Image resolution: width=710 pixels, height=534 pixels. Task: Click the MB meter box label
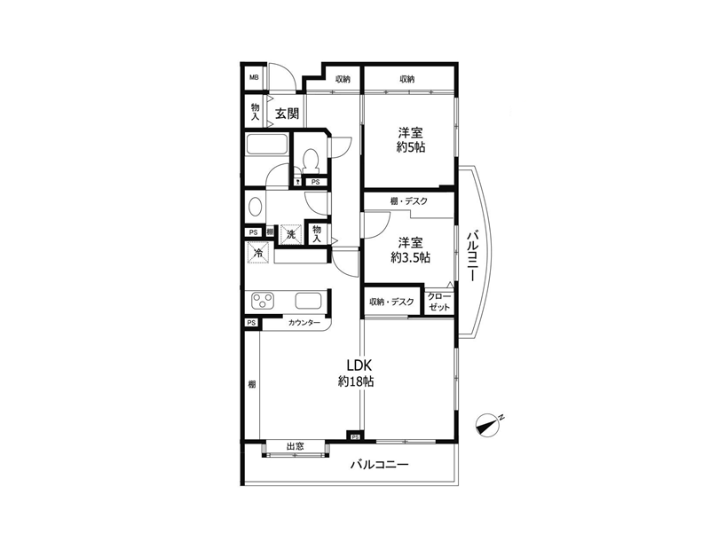(x=254, y=77)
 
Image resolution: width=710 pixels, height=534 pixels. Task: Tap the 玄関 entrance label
(x=287, y=113)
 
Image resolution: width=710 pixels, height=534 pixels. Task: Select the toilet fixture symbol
(x=311, y=161)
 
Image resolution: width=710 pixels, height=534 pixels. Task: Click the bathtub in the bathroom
(x=266, y=145)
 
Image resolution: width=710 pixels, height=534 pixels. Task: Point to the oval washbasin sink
(x=255, y=208)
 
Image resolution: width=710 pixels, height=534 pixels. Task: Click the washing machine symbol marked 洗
(x=290, y=234)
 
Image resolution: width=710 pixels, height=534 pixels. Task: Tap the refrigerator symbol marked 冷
(x=259, y=253)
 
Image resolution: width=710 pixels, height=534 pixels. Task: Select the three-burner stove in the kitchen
(x=263, y=301)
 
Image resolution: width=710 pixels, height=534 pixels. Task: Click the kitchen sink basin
(x=308, y=301)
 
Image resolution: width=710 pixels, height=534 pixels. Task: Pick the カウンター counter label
(x=304, y=323)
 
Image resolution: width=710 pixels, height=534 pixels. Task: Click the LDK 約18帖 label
(x=357, y=373)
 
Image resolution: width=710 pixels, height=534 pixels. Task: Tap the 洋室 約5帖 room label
(x=411, y=140)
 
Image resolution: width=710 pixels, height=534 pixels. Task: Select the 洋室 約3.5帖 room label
(x=411, y=250)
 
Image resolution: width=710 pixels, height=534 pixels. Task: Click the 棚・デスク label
(x=408, y=201)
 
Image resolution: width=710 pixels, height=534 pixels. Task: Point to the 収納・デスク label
(x=391, y=302)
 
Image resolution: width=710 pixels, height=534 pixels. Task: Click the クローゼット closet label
(x=439, y=302)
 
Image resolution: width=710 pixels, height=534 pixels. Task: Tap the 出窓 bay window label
(x=296, y=447)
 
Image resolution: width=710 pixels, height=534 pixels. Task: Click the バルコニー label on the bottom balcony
(x=380, y=465)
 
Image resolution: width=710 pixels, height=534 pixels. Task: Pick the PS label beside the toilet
(x=316, y=182)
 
